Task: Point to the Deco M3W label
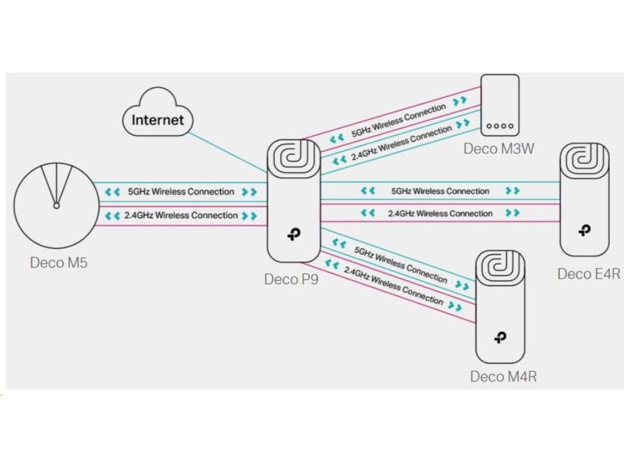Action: point(498,148)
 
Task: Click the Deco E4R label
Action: point(589,274)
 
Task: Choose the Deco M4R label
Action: point(503,377)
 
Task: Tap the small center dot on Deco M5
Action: point(56,206)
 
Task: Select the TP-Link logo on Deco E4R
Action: point(584,230)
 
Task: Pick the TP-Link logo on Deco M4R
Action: point(500,337)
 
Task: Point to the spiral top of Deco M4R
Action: point(500,266)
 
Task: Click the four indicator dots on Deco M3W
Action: point(500,127)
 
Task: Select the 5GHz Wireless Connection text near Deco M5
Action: point(180,191)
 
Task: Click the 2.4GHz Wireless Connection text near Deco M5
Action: point(180,215)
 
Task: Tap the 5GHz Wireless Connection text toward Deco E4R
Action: point(441,191)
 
